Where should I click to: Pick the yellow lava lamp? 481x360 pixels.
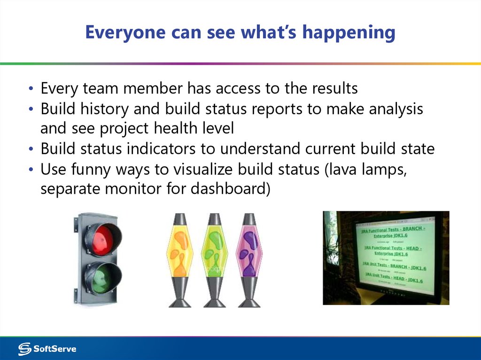pos(180,253)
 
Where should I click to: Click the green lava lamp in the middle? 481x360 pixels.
pos(215,253)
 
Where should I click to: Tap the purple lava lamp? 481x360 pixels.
pos(249,253)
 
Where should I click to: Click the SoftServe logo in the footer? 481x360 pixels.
pos(47,349)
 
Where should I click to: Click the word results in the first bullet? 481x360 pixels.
pos(334,88)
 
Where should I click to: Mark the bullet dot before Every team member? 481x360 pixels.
pos(31,89)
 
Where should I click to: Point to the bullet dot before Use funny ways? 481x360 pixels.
pos(31,170)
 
